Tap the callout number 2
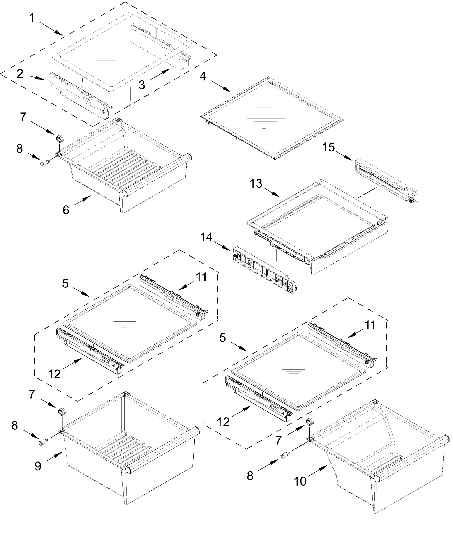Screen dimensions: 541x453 tap(20, 74)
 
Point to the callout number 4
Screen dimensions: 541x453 tap(203, 76)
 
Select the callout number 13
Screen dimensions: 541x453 tap(256, 184)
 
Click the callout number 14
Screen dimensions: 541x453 tap(206, 237)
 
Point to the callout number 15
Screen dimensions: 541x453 tap(328, 147)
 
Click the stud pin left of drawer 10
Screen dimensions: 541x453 tap(284, 456)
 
